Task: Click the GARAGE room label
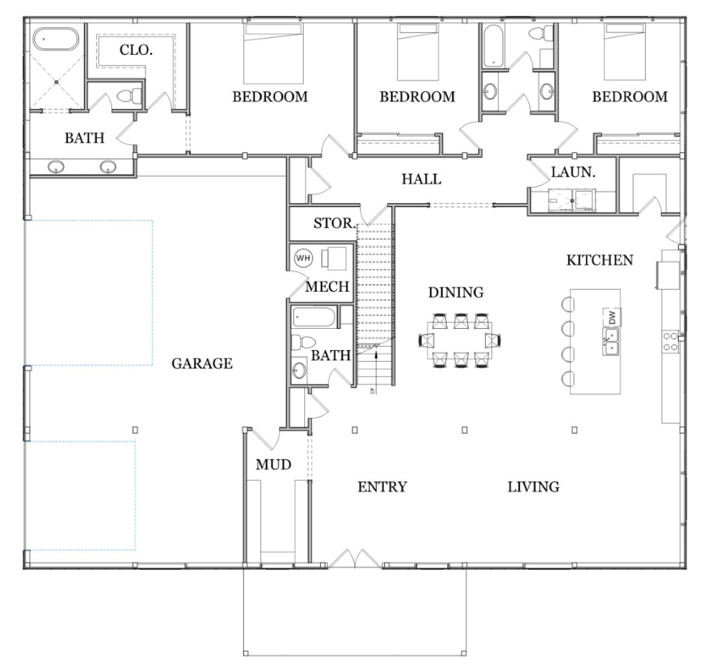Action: pos(202,364)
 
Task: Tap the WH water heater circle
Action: pos(303,258)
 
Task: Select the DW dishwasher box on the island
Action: pos(610,317)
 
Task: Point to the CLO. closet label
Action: pos(136,50)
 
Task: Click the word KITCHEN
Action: pos(600,260)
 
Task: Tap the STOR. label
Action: pos(334,223)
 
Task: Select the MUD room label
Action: pos(273,465)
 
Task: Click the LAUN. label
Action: pos(573,172)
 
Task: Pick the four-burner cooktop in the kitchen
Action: pos(671,341)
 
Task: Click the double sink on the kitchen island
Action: pos(610,341)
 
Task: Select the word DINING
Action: pos(456,292)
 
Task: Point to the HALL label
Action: pos(421,179)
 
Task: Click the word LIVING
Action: pos(533,486)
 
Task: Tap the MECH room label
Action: pos(327,287)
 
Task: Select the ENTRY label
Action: pos(382,486)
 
